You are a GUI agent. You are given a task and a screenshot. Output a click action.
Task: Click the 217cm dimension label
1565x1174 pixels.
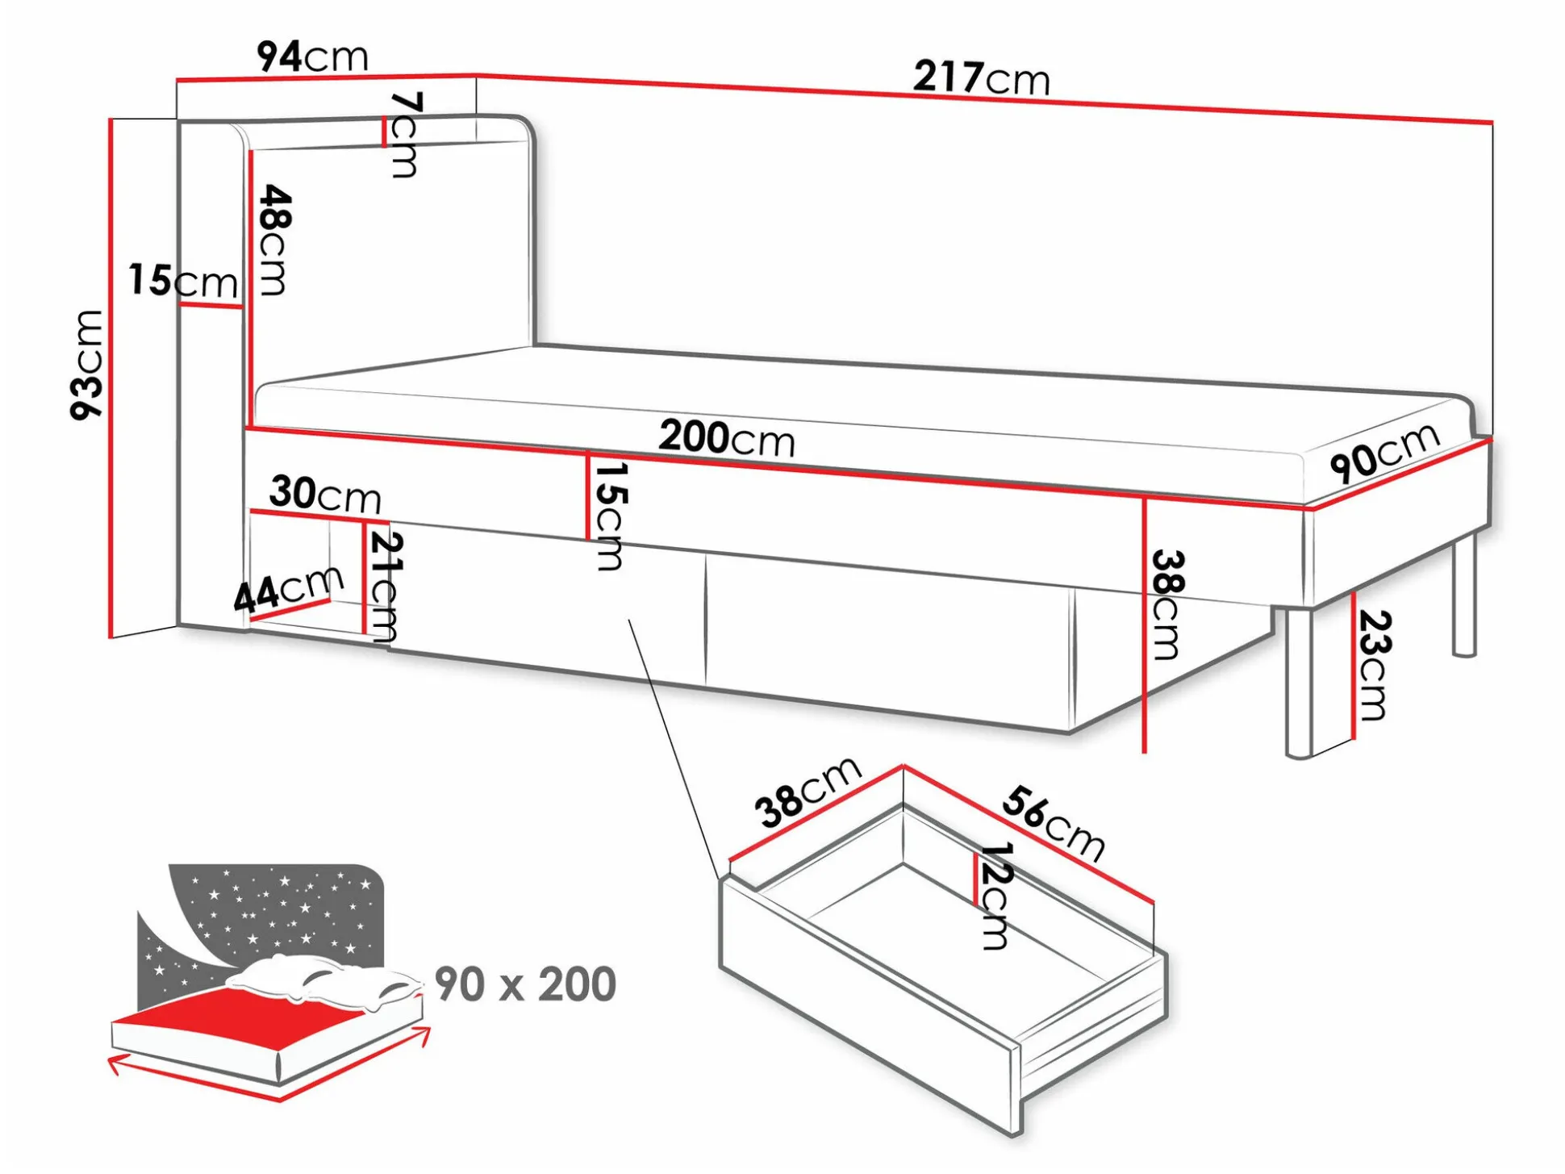coord(981,78)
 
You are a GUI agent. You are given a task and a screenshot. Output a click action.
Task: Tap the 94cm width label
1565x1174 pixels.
coord(312,56)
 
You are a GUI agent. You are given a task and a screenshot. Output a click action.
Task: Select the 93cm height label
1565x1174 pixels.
coord(88,364)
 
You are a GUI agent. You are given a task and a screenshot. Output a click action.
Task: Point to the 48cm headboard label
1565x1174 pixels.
coord(274,240)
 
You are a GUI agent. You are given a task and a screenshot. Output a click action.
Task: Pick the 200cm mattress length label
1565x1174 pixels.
coord(726,438)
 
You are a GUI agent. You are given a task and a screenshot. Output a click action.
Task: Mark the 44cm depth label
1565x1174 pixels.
coord(288,589)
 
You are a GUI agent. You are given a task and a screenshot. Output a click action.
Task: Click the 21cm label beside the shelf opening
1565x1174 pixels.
coord(384,587)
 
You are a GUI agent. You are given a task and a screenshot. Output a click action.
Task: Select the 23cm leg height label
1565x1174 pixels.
coord(1374,665)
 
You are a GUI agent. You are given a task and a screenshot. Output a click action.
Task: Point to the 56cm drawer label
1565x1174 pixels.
coord(1054,823)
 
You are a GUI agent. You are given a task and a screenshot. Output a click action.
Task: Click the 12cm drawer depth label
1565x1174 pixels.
coord(995,896)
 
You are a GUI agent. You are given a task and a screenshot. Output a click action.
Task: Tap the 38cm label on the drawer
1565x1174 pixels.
coord(808,792)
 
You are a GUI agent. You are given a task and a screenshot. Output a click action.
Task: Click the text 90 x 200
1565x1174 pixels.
coord(525,984)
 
